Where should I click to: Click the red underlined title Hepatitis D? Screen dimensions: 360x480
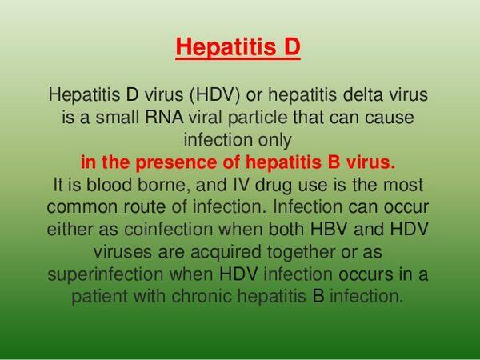tap(238, 47)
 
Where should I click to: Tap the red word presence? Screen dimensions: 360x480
tap(174, 163)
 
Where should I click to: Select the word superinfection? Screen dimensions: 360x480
tap(106, 274)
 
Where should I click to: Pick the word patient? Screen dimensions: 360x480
tap(100, 297)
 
